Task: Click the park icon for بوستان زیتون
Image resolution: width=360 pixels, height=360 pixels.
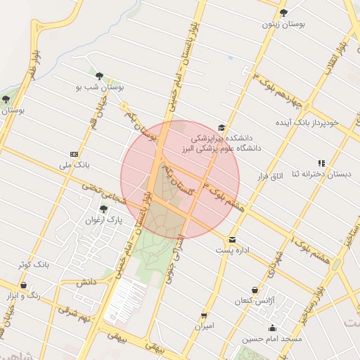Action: click(284, 13)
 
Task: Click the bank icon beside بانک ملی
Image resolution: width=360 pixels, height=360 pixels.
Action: click(74, 153)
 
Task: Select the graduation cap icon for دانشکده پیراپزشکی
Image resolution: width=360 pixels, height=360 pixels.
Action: click(222, 127)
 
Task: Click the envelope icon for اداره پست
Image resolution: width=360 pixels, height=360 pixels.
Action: click(232, 240)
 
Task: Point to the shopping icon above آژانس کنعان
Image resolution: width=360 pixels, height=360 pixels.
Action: click(254, 290)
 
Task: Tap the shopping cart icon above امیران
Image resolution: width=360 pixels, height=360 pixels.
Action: click(204, 316)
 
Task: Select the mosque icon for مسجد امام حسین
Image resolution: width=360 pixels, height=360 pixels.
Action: click(272, 328)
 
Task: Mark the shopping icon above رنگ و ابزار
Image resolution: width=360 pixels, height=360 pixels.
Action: click(24, 285)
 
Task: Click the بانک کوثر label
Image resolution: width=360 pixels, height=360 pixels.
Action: click(33, 264)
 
